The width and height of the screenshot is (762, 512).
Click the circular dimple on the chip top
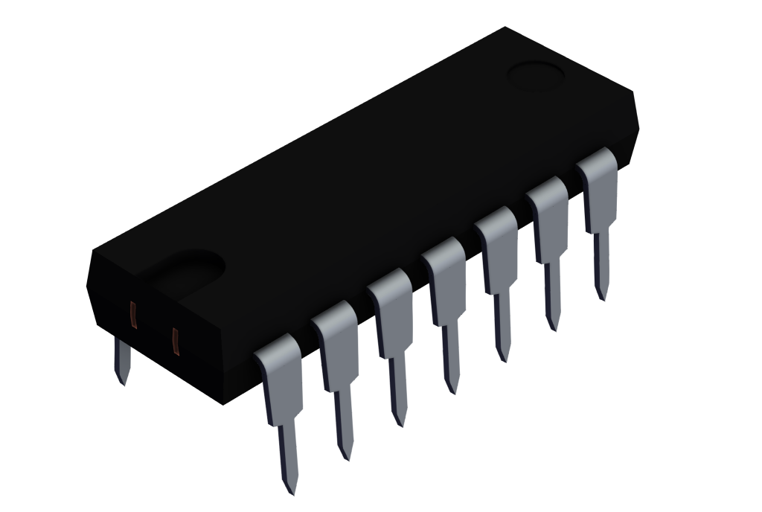click(x=535, y=75)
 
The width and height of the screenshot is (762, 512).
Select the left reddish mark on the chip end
click(x=134, y=315)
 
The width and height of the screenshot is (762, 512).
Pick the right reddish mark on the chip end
click(x=176, y=341)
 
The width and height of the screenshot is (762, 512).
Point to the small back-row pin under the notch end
click(x=121, y=365)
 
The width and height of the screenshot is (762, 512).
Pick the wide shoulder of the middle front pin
click(x=446, y=280)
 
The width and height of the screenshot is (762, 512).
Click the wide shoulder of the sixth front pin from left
click(x=549, y=219)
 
